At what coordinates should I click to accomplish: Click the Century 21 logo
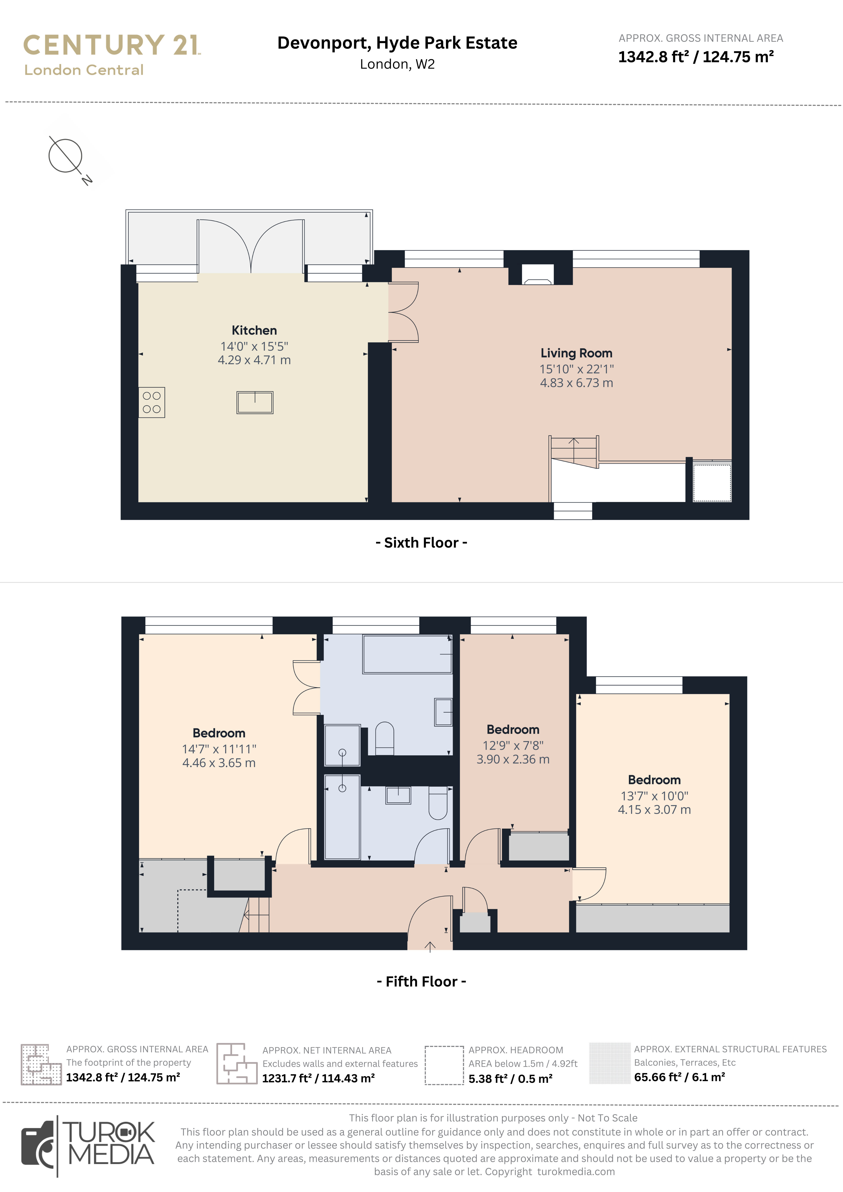112,54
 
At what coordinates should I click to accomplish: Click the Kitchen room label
254,330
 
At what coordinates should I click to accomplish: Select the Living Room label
577,353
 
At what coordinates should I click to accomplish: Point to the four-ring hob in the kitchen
152,402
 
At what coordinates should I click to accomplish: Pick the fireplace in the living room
538,275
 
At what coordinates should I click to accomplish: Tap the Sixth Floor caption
421,543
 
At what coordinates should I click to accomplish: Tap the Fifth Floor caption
421,981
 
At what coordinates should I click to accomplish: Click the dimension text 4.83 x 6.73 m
577,383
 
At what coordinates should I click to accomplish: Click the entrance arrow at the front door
430,947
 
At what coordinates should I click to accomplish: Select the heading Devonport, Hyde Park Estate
397,43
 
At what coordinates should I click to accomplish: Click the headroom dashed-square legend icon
444,1065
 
